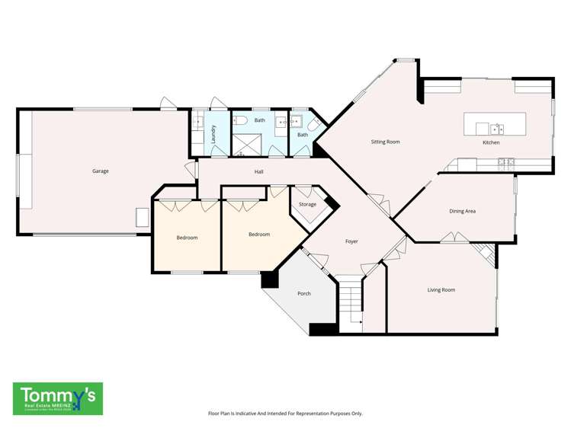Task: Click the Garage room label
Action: tap(100, 171)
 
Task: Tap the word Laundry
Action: tap(213, 133)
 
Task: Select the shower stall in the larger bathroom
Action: tap(246, 144)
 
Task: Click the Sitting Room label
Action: tap(385, 142)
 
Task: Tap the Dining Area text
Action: tap(462, 211)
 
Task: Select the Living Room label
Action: tap(441, 289)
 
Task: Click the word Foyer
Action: tap(351, 241)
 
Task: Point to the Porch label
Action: tap(304, 293)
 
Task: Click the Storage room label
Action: tap(307, 204)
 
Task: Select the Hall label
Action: tap(259, 172)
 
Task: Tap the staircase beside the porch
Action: tap(350, 304)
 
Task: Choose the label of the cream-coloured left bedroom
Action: tap(187, 238)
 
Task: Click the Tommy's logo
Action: tap(58, 398)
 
